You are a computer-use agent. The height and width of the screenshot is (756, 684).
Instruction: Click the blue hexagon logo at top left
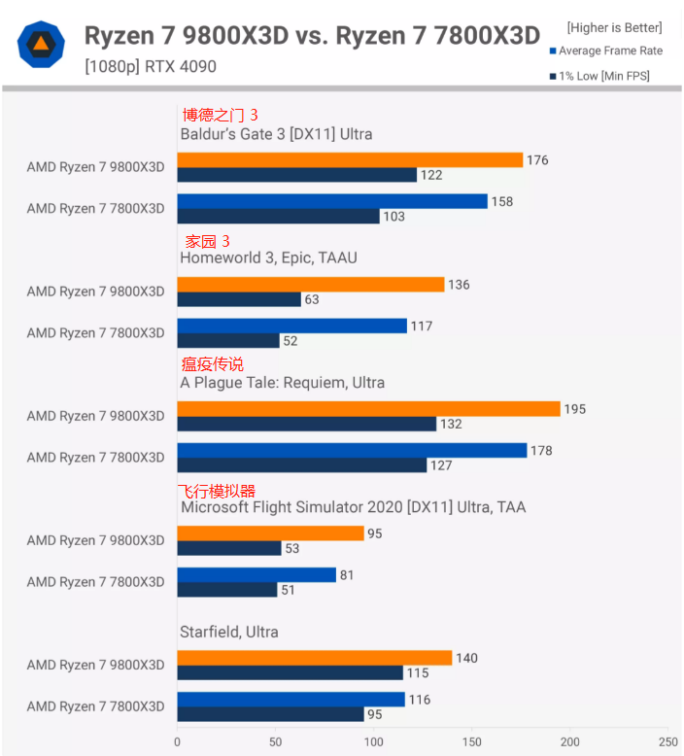pos(41,44)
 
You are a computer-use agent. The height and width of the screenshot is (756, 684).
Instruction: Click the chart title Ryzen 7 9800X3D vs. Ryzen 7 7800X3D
pos(311,36)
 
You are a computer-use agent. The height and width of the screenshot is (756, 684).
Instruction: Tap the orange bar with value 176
pos(350,160)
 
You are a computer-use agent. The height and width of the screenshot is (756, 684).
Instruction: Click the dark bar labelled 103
pos(278,217)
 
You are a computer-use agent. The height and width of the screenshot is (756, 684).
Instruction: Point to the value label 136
pos(460,285)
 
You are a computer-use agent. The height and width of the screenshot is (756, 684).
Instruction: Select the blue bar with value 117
pos(291,326)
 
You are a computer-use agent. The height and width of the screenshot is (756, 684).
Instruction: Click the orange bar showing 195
pos(368,409)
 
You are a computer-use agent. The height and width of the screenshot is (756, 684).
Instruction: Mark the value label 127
pos(442,465)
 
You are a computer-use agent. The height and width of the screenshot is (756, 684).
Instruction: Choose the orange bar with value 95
pos(270,533)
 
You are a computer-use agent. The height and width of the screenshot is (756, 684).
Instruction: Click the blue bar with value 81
pos(256,575)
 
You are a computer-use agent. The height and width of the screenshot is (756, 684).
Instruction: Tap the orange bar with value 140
pos(314,659)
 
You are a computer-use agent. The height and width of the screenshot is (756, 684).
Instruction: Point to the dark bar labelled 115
pos(290,672)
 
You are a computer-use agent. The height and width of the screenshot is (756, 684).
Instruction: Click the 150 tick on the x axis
pos(471,741)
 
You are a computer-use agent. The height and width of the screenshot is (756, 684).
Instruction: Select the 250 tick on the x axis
pos(667,741)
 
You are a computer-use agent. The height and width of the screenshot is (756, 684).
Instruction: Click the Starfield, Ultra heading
pos(229,632)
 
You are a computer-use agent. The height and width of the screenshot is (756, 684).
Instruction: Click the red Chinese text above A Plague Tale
pos(212,364)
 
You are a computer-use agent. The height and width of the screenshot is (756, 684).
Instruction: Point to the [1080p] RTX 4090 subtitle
pos(151,67)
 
